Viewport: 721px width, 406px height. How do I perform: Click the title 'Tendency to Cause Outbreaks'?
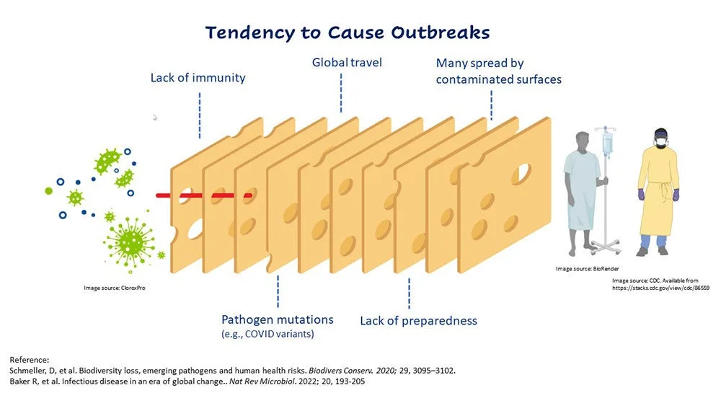pyautogui.click(x=348, y=32)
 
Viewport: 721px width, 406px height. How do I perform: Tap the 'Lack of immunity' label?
pyautogui.click(x=198, y=78)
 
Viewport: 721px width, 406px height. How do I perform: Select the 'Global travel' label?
pyautogui.click(x=347, y=63)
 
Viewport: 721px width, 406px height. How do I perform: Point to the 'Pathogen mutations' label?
pyautogui.click(x=277, y=319)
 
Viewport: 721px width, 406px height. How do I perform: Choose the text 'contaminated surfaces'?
pyautogui.click(x=498, y=79)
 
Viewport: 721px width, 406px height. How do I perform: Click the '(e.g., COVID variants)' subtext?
pyautogui.click(x=267, y=334)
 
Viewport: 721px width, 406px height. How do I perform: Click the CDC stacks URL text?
pyautogui.click(x=661, y=287)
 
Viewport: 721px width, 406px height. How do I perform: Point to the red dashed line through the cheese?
pyautogui.click(x=205, y=195)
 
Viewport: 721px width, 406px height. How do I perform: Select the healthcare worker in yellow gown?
pyautogui.click(x=657, y=191)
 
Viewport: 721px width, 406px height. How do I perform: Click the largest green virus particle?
pyautogui.click(x=130, y=235)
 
